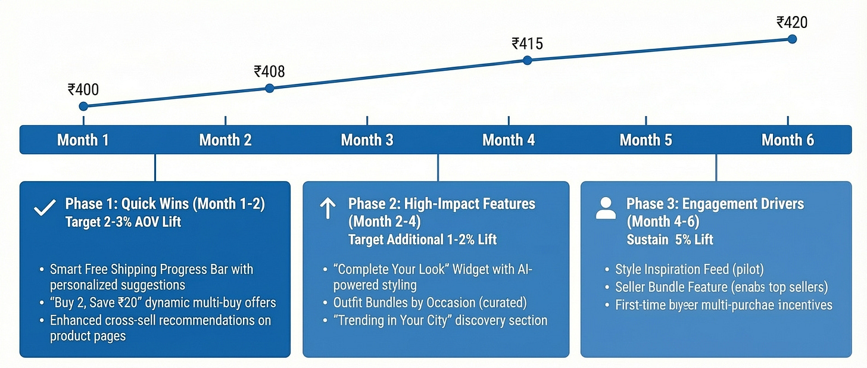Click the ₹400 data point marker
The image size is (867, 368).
coord(83,107)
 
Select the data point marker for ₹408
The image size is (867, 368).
coord(269,88)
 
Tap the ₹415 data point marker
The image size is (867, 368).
coord(527,60)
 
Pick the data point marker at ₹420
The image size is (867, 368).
coord(792,39)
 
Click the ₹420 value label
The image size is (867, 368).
coord(792,23)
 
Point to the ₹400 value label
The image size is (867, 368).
coord(83,90)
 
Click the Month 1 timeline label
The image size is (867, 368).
coord(83,140)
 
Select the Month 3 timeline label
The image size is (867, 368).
coord(367,140)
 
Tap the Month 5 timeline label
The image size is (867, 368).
coord(645,140)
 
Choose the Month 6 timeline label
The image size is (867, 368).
coord(787,140)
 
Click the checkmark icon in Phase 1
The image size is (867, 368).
coord(42,209)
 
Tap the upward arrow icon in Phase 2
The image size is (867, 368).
coord(328,209)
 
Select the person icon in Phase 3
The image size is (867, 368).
coord(606,209)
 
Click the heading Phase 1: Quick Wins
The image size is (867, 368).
coord(165,204)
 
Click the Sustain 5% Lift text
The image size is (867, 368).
coord(670,239)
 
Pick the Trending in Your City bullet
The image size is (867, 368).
coord(440,320)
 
